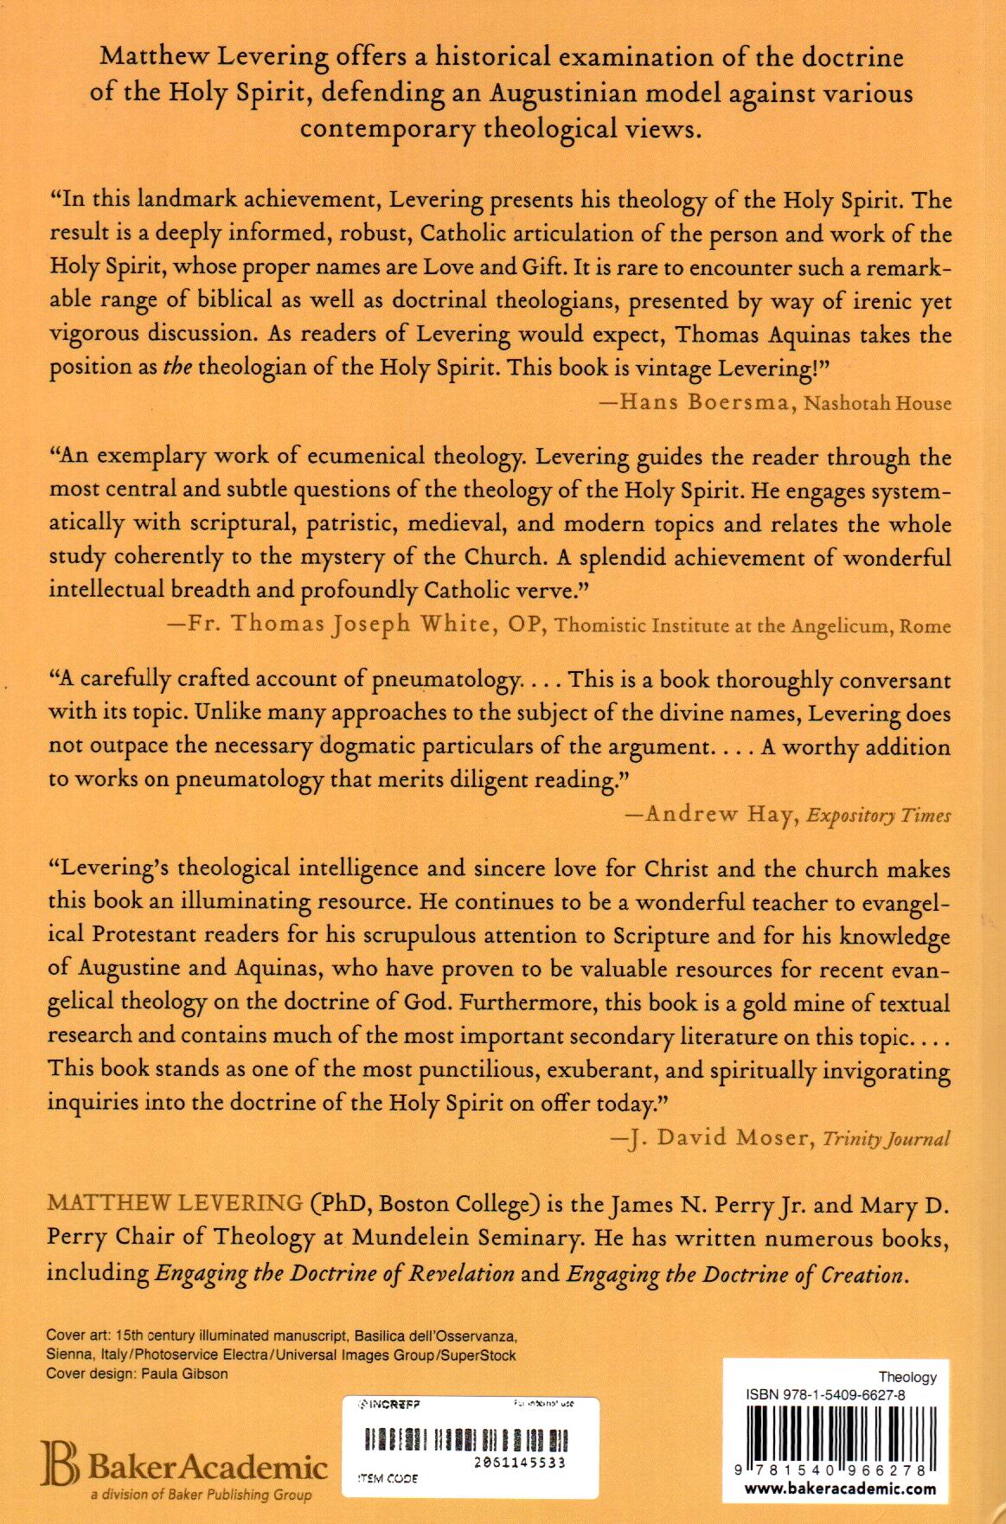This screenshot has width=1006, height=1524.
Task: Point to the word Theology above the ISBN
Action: coord(907,1377)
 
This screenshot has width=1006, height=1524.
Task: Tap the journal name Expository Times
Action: coord(879,815)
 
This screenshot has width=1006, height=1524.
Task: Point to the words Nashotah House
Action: coord(877,403)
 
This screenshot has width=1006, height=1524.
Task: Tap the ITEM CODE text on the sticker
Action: coord(387,1479)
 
